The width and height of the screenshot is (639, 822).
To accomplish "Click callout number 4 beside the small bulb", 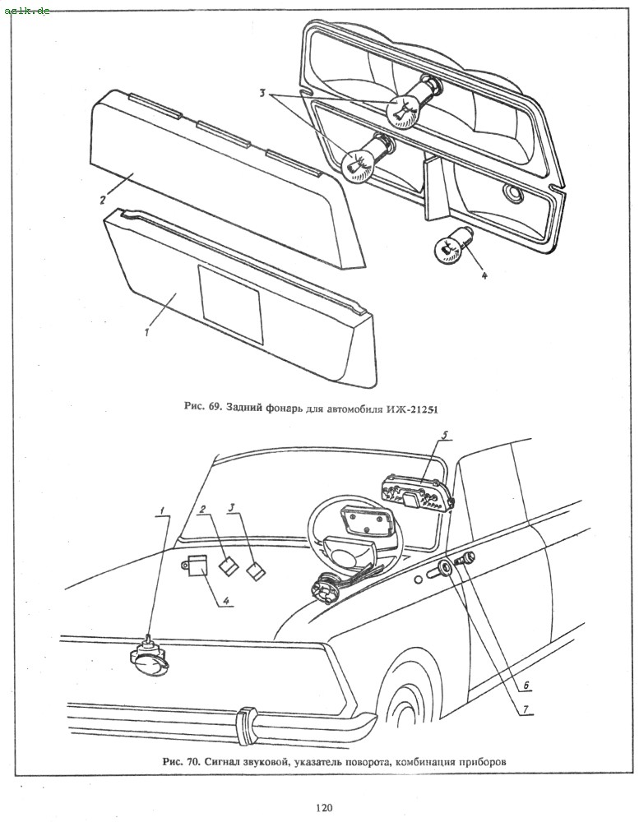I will [x=484, y=275].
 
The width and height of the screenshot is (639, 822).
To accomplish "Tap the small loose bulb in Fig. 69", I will [x=448, y=246].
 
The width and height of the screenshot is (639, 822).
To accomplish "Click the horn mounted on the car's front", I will [x=147, y=658].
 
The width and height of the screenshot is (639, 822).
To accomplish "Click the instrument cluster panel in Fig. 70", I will [x=416, y=492].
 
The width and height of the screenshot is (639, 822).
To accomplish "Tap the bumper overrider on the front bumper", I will [x=245, y=722].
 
